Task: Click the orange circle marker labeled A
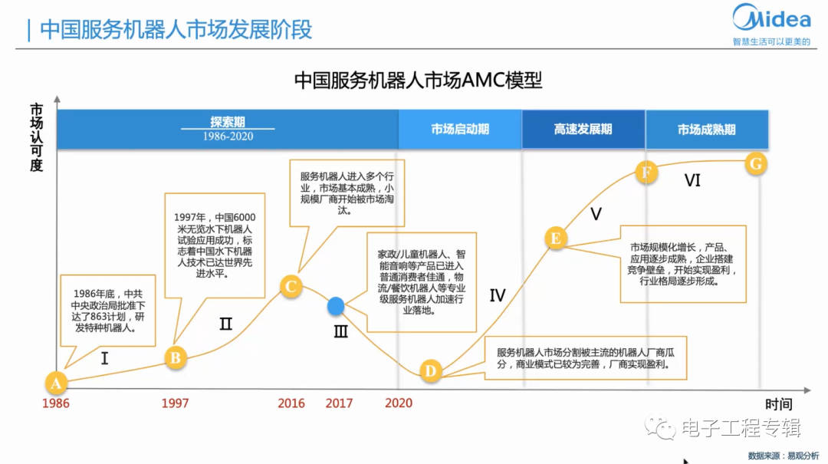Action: (56, 383)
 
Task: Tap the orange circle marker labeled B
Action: (176, 357)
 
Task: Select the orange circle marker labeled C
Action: (291, 286)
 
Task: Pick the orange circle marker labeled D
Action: (431, 371)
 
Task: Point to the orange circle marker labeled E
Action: (556, 238)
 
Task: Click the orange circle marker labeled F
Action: (646, 172)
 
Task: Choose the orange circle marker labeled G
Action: (756, 164)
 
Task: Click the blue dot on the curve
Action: (336, 306)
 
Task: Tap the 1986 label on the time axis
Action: (56, 403)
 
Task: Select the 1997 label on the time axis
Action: (175, 403)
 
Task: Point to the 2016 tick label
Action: (291, 403)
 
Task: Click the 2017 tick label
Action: (339, 403)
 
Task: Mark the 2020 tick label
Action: (399, 403)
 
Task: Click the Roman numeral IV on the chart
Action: (498, 295)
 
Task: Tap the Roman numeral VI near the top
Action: (692, 180)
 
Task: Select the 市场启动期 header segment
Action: (460, 129)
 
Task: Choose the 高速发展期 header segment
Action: (583, 129)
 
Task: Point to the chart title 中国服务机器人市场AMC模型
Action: (419, 81)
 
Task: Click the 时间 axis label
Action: (778, 404)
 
